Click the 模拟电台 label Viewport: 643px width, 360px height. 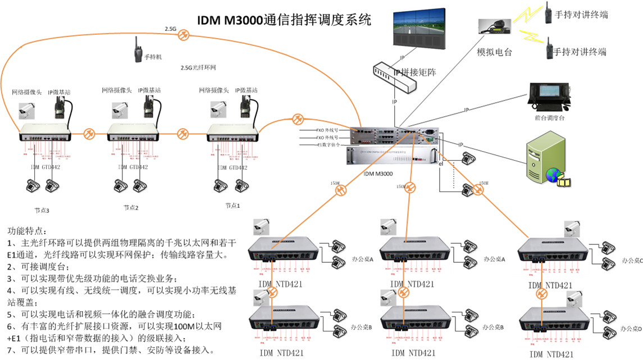pos(494,52)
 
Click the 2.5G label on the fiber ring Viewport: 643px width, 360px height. pos(170,28)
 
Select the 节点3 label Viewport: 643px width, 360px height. pos(40,211)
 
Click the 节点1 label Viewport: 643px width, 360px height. pos(232,206)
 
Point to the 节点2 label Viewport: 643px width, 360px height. pos(130,208)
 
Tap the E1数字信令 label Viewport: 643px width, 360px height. pos(332,144)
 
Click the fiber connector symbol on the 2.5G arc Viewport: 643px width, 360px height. pos(183,35)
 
